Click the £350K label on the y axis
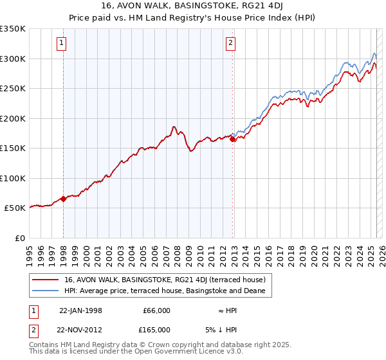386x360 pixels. (x=13, y=29)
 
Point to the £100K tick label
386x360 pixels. (x=13, y=178)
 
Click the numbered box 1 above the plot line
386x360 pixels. (x=62, y=44)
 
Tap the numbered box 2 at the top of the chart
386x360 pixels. (x=230, y=44)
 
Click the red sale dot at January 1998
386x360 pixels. (x=64, y=199)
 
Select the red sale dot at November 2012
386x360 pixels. (x=233, y=139)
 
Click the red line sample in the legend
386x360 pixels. (x=46, y=280)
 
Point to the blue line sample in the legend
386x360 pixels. (x=46, y=291)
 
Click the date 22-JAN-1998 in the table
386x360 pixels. (x=80, y=310)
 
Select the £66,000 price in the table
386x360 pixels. (x=156, y=310)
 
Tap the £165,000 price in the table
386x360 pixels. (x=156, y=330)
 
